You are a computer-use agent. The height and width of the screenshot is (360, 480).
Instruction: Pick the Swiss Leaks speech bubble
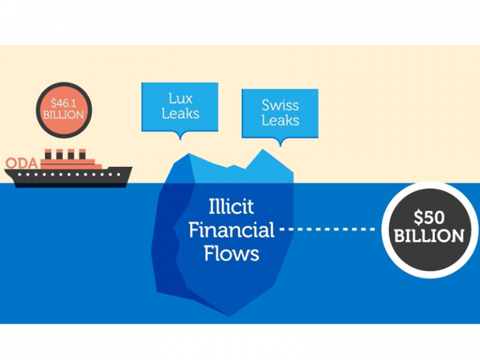tap(280, 113)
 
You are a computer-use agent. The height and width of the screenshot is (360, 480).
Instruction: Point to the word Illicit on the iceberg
tap(231, 206)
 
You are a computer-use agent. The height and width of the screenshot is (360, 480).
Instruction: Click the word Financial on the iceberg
tap(231, 230)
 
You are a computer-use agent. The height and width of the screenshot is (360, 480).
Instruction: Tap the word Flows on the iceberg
tap(231, 254)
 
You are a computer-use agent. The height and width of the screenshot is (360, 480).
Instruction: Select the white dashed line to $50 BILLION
tap(328, 229)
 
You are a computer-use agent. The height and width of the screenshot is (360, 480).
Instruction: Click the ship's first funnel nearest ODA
tap(48, 154)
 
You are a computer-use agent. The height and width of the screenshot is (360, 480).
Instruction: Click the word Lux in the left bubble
tap(180, 98)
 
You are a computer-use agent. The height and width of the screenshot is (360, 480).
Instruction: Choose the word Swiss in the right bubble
tap(280, 104)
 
